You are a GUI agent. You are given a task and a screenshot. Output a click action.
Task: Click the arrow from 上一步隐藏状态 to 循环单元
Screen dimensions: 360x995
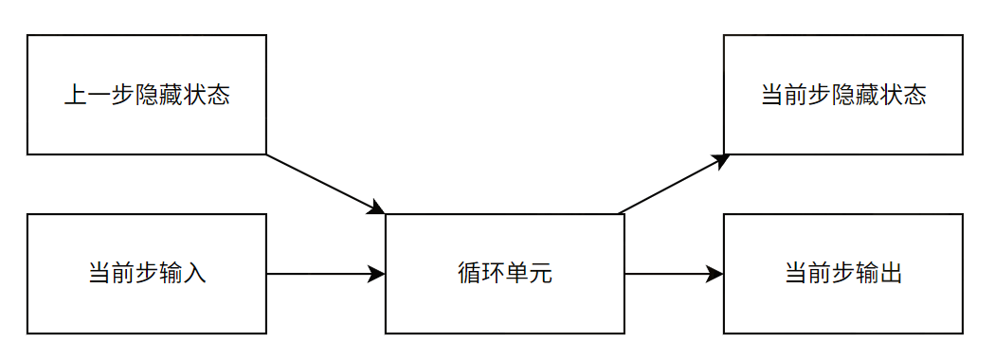click(322, 183)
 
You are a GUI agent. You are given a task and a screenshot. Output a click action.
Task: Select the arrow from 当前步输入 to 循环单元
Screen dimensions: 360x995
click(322, 275)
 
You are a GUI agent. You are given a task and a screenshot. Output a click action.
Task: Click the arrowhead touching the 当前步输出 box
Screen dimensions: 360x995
click(715, 275)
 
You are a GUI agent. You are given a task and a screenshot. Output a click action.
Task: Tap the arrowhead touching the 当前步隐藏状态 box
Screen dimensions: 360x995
click(720, 160)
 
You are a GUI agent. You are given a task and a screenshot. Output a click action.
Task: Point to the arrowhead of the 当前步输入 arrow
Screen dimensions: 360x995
click(376, 275)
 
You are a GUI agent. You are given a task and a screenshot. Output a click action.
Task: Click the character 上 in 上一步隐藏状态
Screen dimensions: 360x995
click(76, 96)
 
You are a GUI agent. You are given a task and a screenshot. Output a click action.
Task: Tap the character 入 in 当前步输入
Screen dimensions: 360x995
click(194, 275)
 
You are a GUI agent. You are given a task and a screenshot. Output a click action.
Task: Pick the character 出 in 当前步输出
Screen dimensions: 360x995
click(890, 275)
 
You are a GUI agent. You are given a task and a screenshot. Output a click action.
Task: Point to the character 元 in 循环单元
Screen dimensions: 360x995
click(540, 275)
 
